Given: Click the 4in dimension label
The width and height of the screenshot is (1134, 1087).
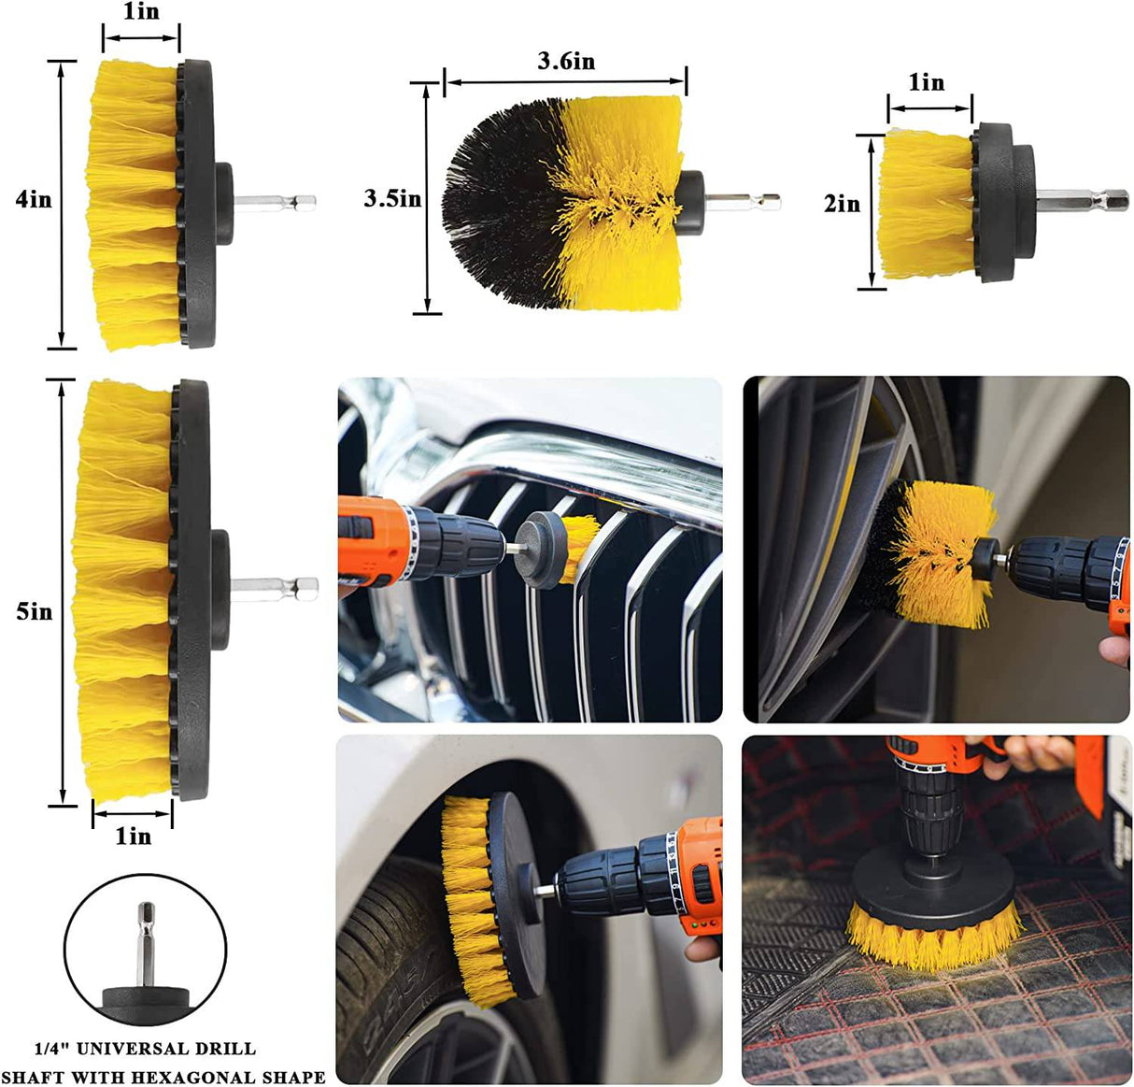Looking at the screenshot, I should coord(34,199).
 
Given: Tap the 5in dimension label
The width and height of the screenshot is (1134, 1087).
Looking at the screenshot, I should coord(35,611).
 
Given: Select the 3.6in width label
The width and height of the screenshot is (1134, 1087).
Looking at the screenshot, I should coord(565,62).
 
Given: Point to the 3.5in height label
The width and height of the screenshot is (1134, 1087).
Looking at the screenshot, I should coord(392,198).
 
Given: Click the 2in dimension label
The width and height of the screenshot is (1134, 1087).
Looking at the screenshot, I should coord(842,203).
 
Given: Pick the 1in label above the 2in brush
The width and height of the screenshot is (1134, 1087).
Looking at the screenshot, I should coord(927,83).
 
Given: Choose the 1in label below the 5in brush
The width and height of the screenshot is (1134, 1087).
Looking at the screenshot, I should coord(133,836).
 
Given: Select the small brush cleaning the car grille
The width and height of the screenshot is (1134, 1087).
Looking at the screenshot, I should coord(579,548).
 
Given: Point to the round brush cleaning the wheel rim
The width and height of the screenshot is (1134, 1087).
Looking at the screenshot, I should coord(934,551).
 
